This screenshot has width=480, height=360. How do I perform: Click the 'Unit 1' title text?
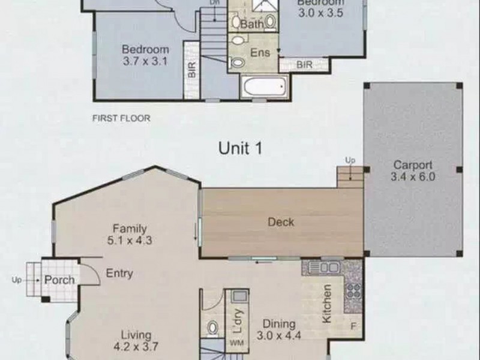[x=241, y=149]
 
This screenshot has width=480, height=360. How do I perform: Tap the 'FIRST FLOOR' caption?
[x=121, y=118]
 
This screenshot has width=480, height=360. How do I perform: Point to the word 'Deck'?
[x=281, y=222]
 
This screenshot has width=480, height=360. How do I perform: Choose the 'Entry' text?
[x=119, y=273]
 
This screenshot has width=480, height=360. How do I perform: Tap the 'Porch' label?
[x=59, y=280]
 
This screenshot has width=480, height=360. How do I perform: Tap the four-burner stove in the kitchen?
[x=353, y=290]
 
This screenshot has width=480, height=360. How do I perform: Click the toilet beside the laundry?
[x=212, y=328]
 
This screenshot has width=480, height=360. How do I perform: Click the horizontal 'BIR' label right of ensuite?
[x=304, y=64]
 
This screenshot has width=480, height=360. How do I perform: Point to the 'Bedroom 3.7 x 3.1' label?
[x=145, y=55]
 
